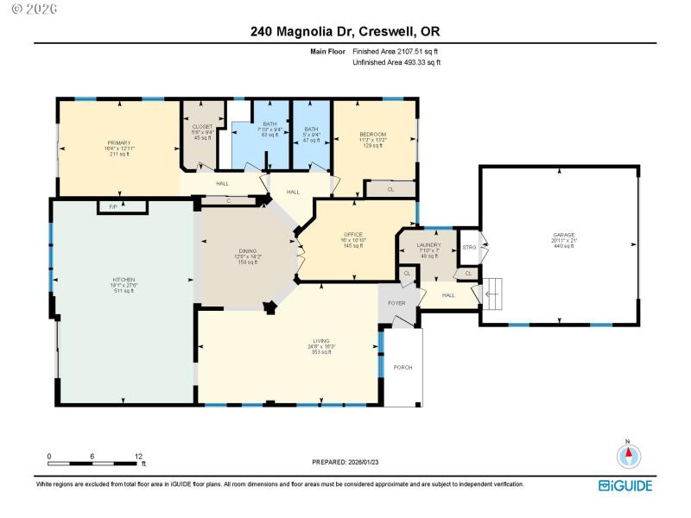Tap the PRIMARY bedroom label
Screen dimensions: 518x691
tap(118, 142)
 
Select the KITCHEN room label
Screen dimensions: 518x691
tap(124, 281)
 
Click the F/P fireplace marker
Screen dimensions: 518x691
tap(114, 207)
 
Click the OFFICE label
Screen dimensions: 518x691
tap(352, 234)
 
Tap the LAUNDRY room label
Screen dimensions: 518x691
tap(429, 245)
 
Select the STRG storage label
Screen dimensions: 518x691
tap(469, 248)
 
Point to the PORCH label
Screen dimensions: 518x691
tap(403, 367)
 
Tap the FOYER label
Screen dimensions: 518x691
tap(396, 303)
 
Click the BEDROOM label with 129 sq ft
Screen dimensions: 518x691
tap(373, 134)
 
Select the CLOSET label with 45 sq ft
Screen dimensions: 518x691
tap(202, 127)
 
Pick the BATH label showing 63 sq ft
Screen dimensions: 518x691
tap(269, 123)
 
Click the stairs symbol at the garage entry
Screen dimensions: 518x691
tap(493, 294)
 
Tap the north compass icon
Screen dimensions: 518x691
tap(629, 454)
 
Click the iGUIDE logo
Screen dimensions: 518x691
tap(626, 485)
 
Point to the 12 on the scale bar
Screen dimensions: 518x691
tap(138, 456)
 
